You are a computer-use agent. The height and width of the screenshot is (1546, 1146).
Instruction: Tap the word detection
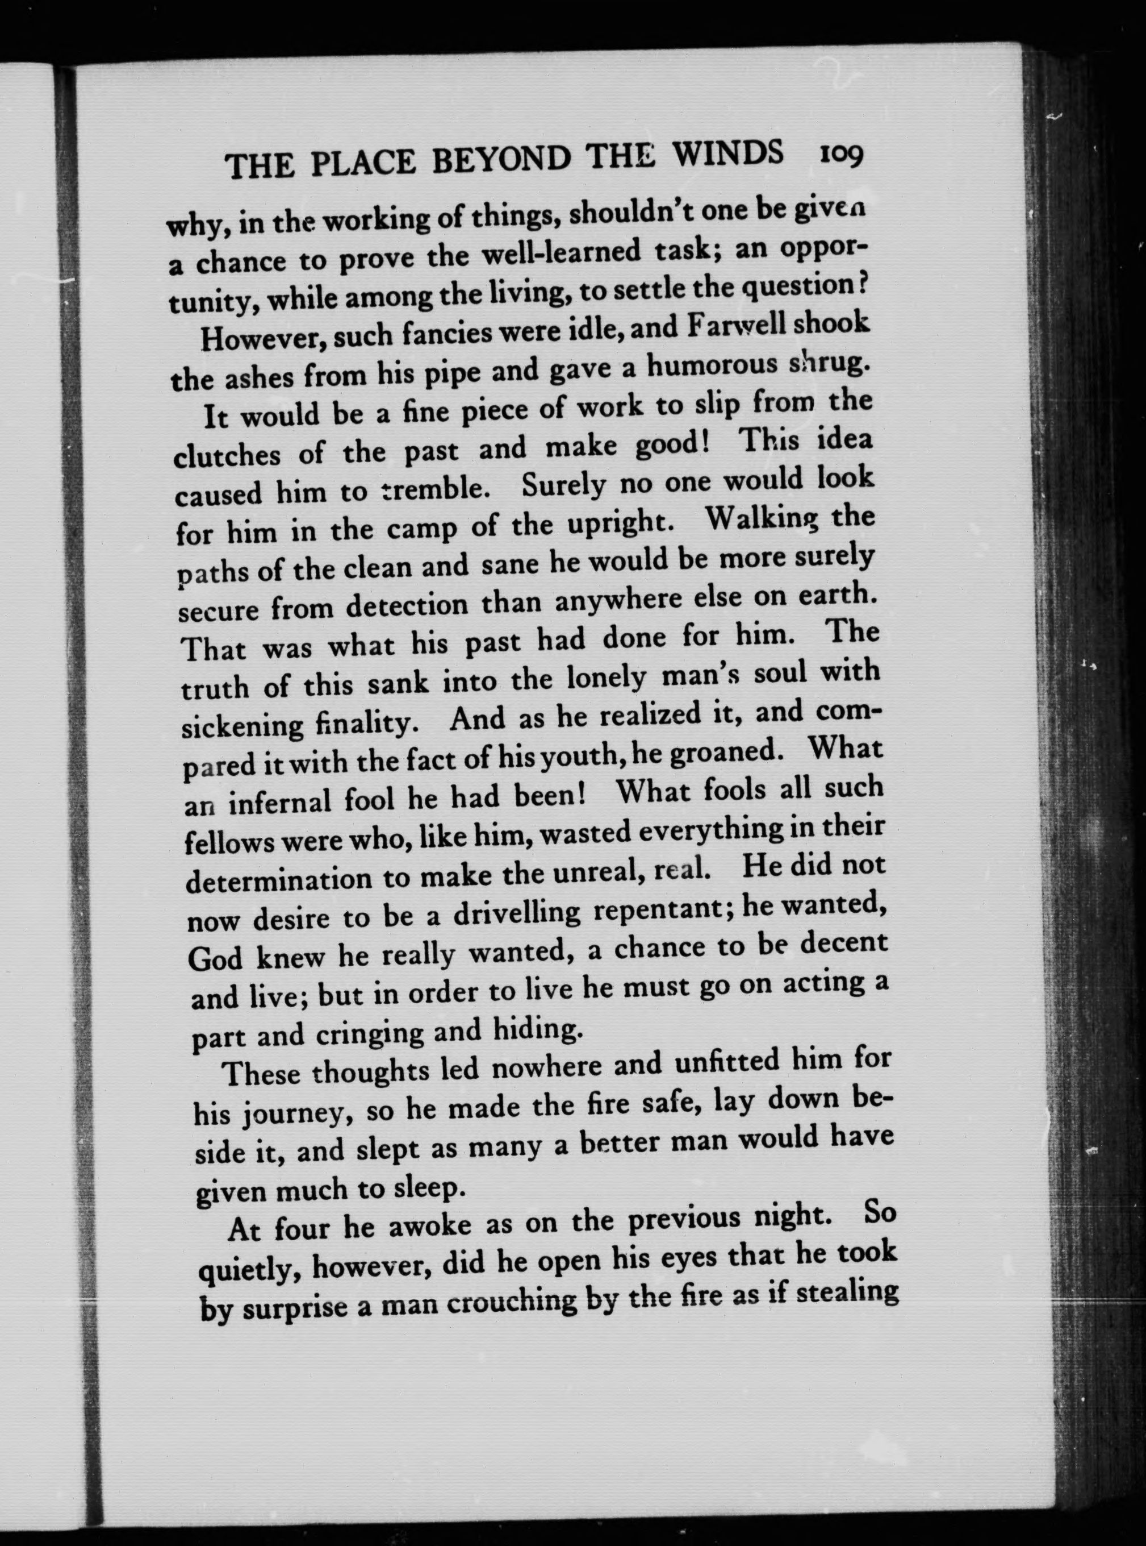click(407, 606)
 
